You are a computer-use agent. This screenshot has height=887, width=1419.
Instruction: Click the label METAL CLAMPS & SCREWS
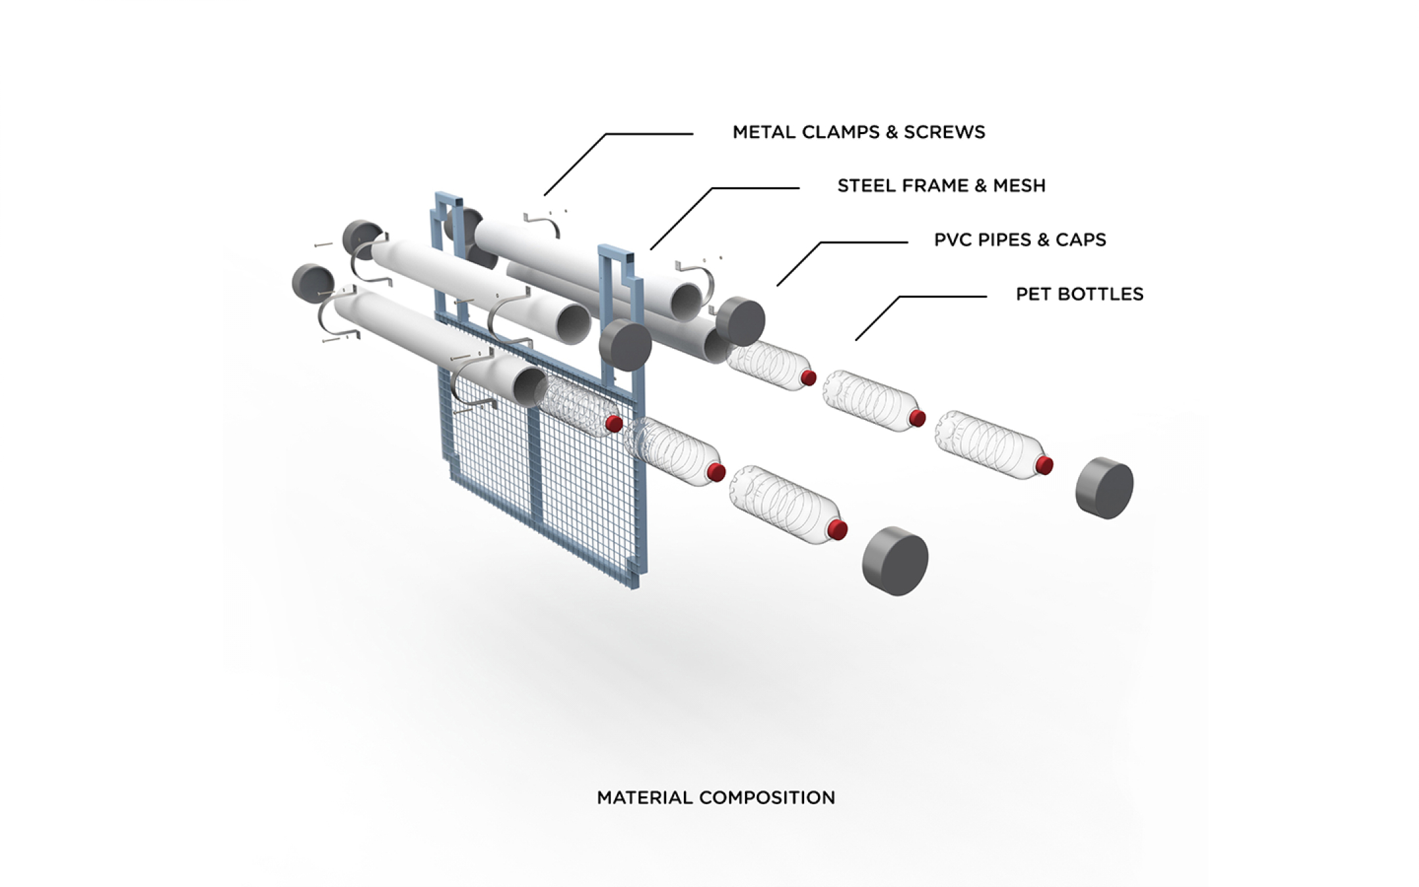(x=859, y=132)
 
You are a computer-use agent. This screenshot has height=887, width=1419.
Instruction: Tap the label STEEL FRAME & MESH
(x=941, y=186)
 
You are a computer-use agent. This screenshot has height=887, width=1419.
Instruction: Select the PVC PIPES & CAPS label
(x=1020, y=240)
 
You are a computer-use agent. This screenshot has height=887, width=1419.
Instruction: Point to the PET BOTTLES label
(x=1079, y=294)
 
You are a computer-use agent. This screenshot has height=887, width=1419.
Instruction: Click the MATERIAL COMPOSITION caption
(x=715, y=798)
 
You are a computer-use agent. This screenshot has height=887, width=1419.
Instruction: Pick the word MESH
(x=1019, y=186)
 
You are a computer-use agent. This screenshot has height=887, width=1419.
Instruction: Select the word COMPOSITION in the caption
(x=767, y=798)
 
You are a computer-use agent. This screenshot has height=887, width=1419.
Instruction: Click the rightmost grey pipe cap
(x=1105, y=488)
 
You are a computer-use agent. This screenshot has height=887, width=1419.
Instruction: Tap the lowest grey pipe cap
(x=895, y=560)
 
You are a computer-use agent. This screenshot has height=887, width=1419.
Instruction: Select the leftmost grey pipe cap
(x=313, y=284)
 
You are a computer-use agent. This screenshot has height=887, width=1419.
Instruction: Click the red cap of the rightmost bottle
(x=1045, y=465)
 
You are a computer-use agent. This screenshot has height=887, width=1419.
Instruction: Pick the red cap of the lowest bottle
(x=838, y=530)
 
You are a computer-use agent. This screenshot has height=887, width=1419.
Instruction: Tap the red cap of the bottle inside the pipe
(x=613, y=423)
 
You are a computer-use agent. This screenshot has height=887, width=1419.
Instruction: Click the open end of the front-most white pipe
(x=529, y=386)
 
